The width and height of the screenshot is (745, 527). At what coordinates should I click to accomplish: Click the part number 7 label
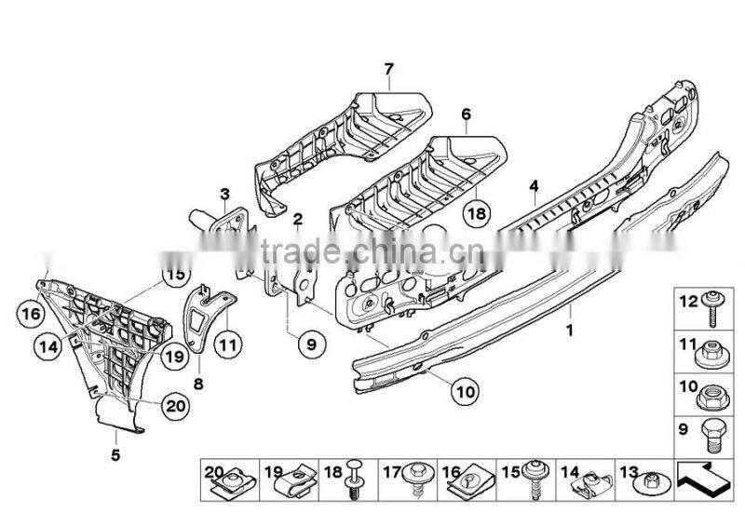point(390,68)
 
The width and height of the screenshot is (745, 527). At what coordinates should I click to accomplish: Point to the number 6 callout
point(465,115)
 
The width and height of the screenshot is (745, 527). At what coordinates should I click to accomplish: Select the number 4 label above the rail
point(534,186)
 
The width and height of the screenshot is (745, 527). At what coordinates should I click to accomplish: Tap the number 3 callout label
point(224,194)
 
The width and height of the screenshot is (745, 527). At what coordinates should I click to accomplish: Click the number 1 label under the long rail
point(570,331)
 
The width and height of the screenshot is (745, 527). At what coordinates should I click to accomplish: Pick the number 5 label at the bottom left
point(115,455)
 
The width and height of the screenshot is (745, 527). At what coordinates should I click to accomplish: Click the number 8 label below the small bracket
point(198,382)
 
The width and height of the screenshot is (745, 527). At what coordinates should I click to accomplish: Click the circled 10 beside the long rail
point(463,391)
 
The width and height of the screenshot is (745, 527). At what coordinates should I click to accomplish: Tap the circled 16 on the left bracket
point(31,316)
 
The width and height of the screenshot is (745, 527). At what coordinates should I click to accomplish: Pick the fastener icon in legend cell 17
point(417,479)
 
